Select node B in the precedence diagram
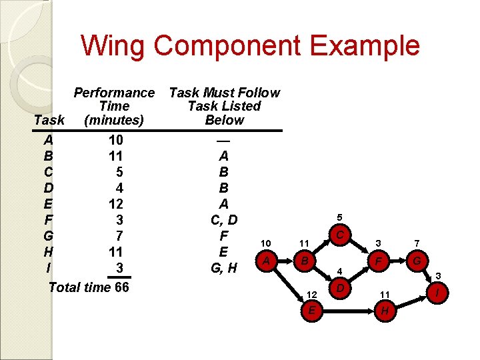[304, 261]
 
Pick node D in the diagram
[340, 289]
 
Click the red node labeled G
[417, 261]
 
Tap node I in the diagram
[437, 291]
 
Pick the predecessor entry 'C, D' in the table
[224, 219]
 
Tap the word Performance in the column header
[114, 93]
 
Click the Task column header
[49, 120]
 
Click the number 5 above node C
[339, 217]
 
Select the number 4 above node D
[339, 272]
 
